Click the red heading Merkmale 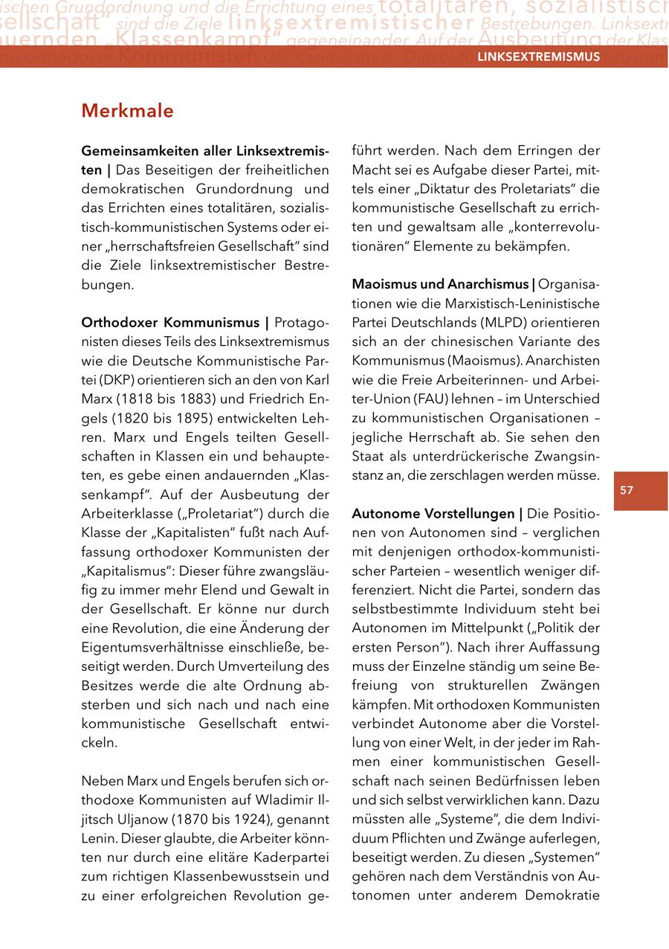pos(127,111)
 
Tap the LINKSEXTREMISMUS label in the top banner pos(538,57)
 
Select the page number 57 pos(627,490)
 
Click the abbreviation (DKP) pos(97,381)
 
